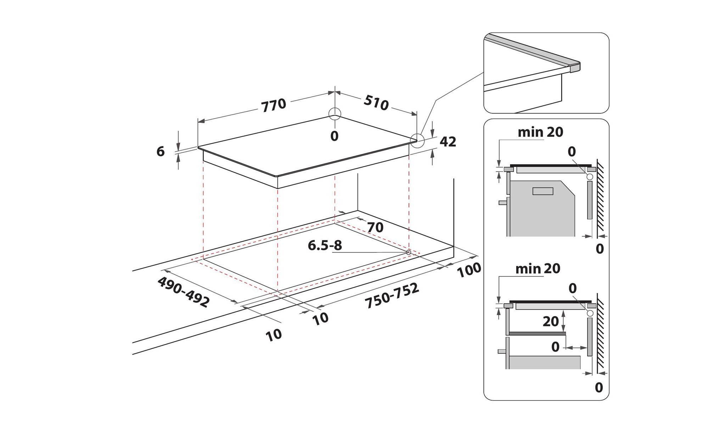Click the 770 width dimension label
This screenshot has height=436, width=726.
273,105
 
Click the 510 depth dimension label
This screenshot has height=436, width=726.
376,103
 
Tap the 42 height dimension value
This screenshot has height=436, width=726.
448,142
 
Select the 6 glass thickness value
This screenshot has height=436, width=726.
161,152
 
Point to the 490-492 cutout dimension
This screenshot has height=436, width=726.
184,292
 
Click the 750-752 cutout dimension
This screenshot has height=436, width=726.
392,296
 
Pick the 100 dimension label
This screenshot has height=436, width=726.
469,270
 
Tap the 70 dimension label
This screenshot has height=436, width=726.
375,227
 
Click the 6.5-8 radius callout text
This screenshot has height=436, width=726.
325,245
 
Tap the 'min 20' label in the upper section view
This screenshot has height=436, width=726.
540,132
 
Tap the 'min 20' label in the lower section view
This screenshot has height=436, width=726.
538,269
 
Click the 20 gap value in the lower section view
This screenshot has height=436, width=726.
551,321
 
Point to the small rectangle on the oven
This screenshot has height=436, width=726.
543,191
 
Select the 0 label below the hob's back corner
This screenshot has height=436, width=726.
334,136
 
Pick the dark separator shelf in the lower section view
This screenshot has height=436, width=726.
537,334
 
